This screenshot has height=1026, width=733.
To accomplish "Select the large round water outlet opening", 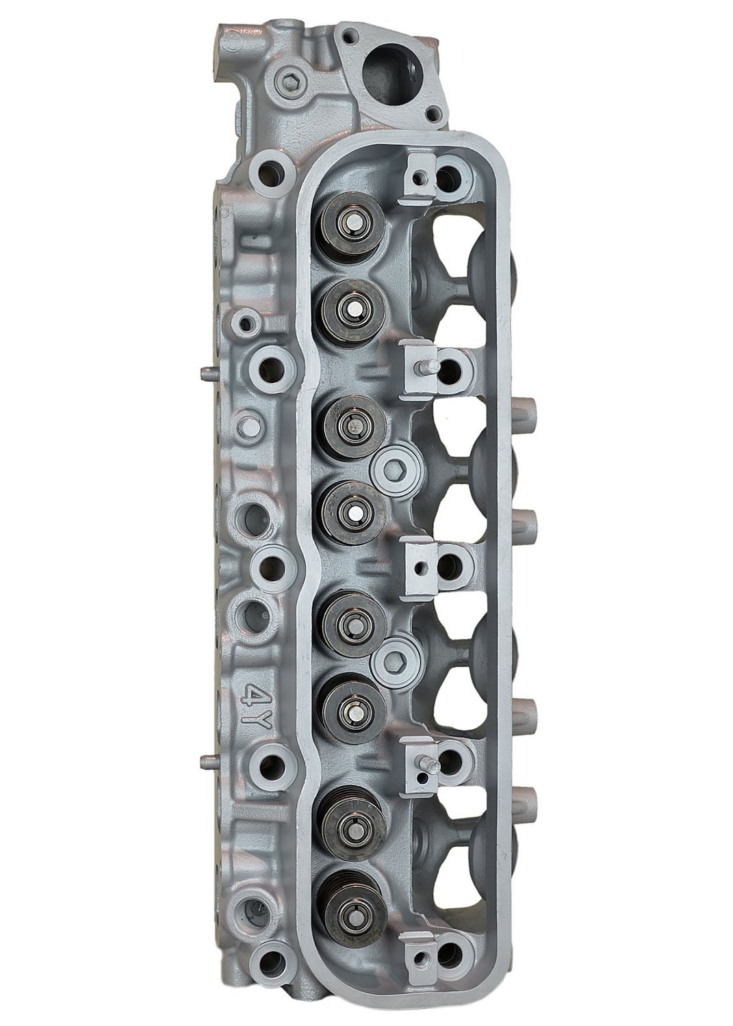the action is (387, 78).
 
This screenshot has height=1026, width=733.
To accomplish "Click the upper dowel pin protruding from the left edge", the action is (209, 372).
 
